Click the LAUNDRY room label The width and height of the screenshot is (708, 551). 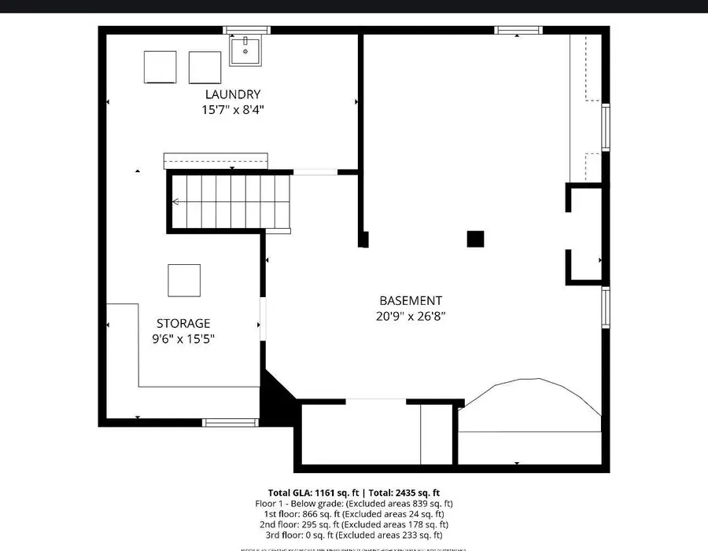pyautogui.click(x=233, y=95)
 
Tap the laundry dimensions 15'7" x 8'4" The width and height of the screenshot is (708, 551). pyautogui.click(x=233, y=110)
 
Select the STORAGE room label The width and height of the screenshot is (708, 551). pyautogui.click(x=183, y=323)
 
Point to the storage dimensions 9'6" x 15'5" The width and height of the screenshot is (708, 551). pyautogui.click(x=183, y=339)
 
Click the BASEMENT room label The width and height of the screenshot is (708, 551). pyautogui.click(x=411, y=300)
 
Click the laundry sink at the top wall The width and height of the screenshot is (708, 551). pyautogui.click(x=245, y=50)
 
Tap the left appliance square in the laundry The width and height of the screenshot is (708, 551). pyautogui.click(x=160, y=67)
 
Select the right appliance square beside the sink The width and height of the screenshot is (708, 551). pyautogui.click(x=205, y=67)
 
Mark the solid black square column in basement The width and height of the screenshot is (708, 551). pyautogui.click(x=475, y=239)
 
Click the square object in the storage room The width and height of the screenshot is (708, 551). pyautogui.click(x=184, y=281)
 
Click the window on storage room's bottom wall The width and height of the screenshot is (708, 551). pyautogui.click(x=230, y=423)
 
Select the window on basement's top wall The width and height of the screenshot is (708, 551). pyautogui.click(x=518, y=31)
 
